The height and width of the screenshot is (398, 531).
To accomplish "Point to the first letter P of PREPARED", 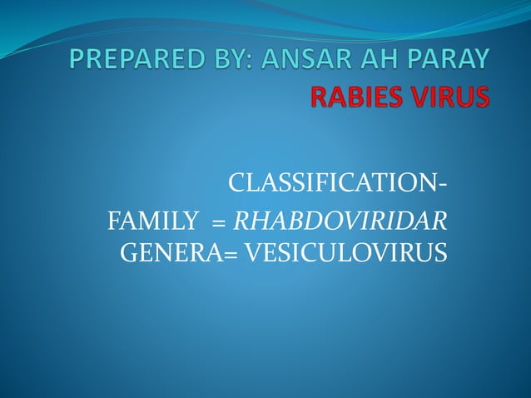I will click(77, 60).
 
